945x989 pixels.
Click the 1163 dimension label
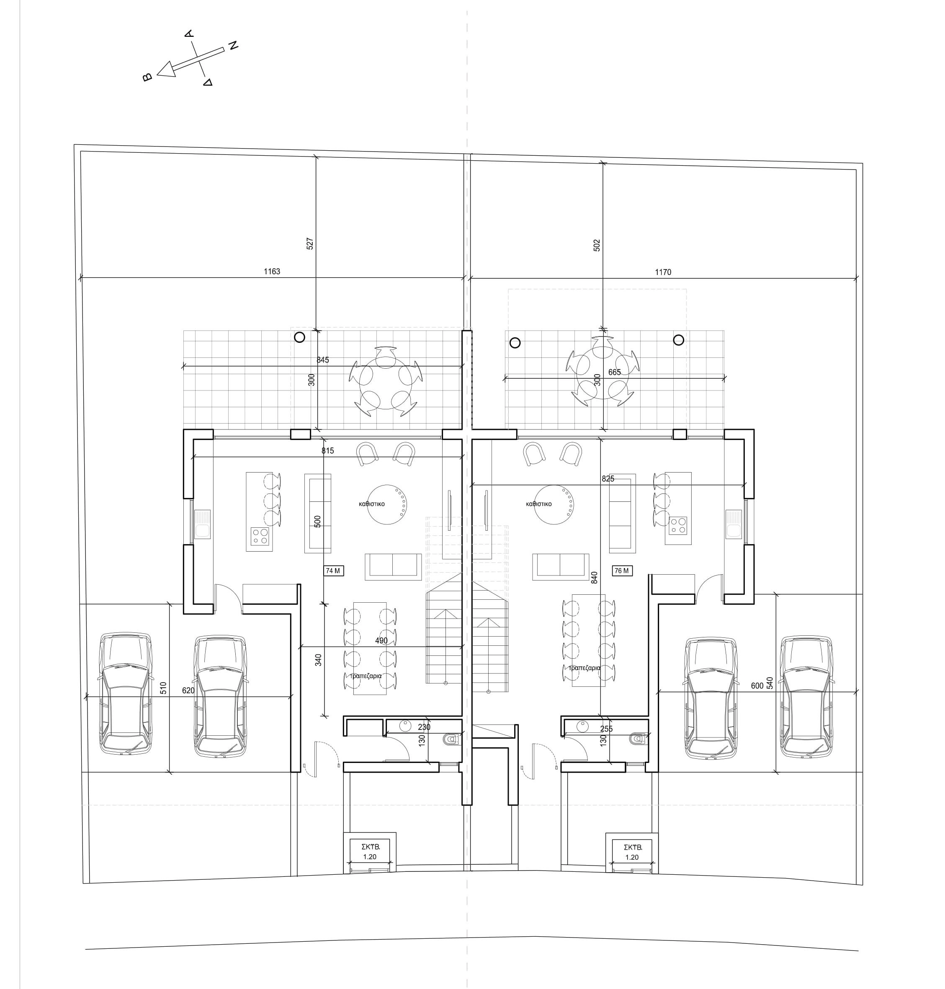[272, 272]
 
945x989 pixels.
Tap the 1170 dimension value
[663, 272]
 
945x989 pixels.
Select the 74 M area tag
[333, 571]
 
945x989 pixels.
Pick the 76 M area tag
[622, 571]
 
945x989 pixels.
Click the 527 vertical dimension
[310, 244]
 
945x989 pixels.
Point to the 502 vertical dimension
[597, 245]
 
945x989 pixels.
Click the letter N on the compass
[233, 45]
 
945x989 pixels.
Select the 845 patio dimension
[322, 360]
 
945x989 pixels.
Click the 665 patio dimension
[615, 372]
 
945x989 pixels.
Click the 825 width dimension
[608, 479]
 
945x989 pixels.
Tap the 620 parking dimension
[188, 691]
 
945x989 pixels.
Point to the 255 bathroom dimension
[607, 729]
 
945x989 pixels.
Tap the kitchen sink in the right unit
[732, 524]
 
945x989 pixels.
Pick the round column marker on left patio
[299, 337]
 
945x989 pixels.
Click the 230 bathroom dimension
[424, 727]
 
